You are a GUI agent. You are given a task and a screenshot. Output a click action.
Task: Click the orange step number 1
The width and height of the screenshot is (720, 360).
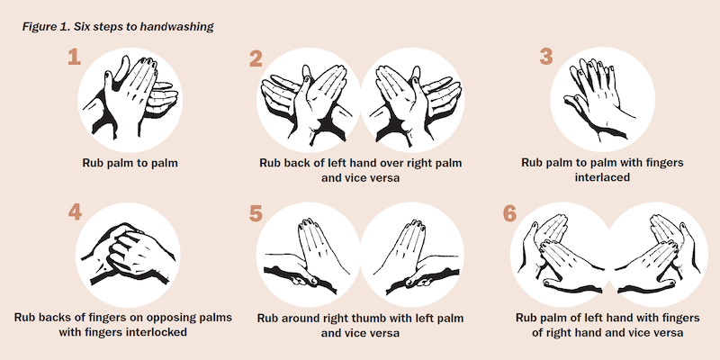pos(74,58)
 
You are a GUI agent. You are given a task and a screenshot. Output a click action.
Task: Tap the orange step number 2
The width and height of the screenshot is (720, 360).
pos(256,58)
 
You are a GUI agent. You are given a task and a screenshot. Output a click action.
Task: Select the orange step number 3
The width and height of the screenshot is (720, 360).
pos(546,58)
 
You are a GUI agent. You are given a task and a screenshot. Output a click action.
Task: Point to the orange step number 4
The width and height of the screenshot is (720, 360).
pos(75,211)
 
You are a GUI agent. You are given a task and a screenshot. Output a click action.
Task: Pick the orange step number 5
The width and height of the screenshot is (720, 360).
pos(256,213)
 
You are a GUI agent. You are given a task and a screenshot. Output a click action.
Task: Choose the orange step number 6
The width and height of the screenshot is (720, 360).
pos(509,213)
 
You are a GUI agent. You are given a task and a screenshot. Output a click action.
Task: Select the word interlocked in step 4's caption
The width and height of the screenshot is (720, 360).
pos(157,332)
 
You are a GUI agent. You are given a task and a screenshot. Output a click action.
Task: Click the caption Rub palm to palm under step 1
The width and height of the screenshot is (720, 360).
pos(130,164)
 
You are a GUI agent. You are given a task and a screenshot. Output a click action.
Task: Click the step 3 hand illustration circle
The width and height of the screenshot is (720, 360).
pos(602,100)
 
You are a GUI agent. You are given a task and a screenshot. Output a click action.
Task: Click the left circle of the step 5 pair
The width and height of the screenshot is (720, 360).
pos(309,255)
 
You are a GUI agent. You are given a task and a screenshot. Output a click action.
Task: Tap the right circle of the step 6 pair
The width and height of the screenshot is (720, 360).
pos(655,255)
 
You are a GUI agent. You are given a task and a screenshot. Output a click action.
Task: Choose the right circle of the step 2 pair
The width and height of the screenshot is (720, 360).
pos(412,100)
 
